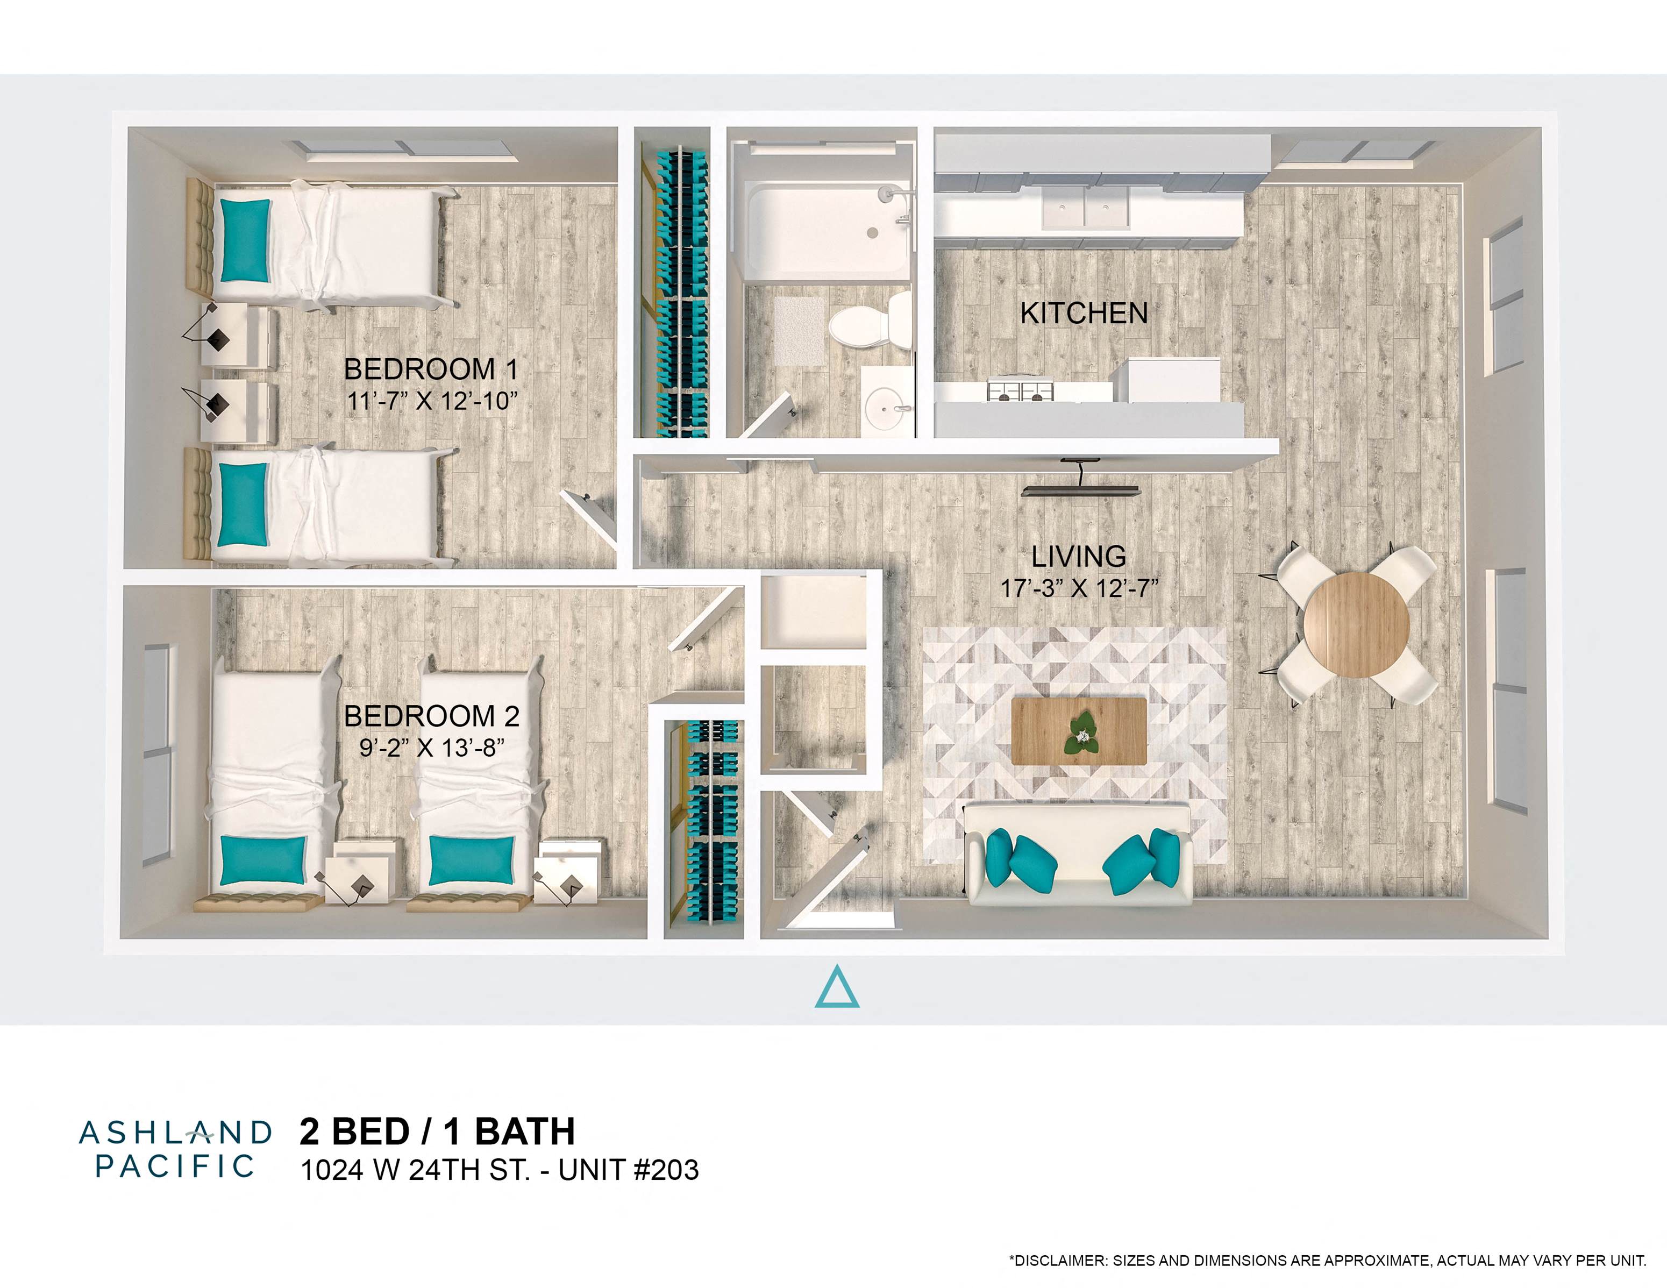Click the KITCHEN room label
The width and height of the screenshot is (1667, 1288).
1084,313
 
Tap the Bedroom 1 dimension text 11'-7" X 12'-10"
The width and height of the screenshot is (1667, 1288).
432,401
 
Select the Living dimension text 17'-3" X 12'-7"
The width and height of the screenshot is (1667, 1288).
1079,589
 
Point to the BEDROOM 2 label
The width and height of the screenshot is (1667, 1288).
432,716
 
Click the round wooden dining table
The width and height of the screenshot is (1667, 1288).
1356,624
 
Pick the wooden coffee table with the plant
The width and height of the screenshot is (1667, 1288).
1079,731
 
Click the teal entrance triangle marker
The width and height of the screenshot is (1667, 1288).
837,987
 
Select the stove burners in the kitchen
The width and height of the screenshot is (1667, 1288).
1021,391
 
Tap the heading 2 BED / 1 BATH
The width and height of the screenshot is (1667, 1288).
437,1132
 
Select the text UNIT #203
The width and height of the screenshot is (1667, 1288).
628,1170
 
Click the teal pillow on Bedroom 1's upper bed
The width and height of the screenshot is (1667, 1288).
245,240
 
